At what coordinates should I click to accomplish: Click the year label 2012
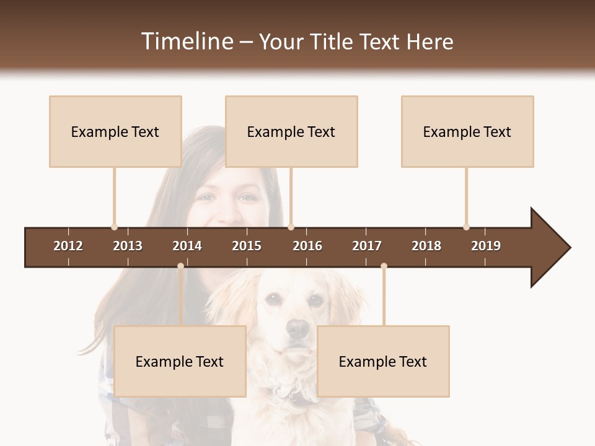click(68, 246)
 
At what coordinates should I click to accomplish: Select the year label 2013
click(128, 246)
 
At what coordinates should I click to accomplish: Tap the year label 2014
click(187, 246)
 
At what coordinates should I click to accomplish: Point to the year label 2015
click(247, 246)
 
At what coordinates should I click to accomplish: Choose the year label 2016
click(307, 246)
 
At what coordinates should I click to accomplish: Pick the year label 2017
click(367, 246)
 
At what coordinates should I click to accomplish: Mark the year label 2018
click(426, 246)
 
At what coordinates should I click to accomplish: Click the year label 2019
click(486, 246)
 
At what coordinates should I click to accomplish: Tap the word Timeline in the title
click(187, 42)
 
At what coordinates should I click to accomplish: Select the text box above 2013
click(115, 131)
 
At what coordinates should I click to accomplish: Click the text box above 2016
click(291, 131)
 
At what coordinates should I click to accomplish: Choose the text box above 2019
click(467, 131)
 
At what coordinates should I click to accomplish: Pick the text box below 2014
click(180, 361)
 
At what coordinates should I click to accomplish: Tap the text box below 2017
click(383, 361)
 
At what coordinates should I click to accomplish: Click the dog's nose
click(298, 328)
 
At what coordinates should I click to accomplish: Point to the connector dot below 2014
click(180, 266)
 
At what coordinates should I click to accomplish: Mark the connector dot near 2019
click(466, 227)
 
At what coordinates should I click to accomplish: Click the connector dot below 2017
click(384, 266)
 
